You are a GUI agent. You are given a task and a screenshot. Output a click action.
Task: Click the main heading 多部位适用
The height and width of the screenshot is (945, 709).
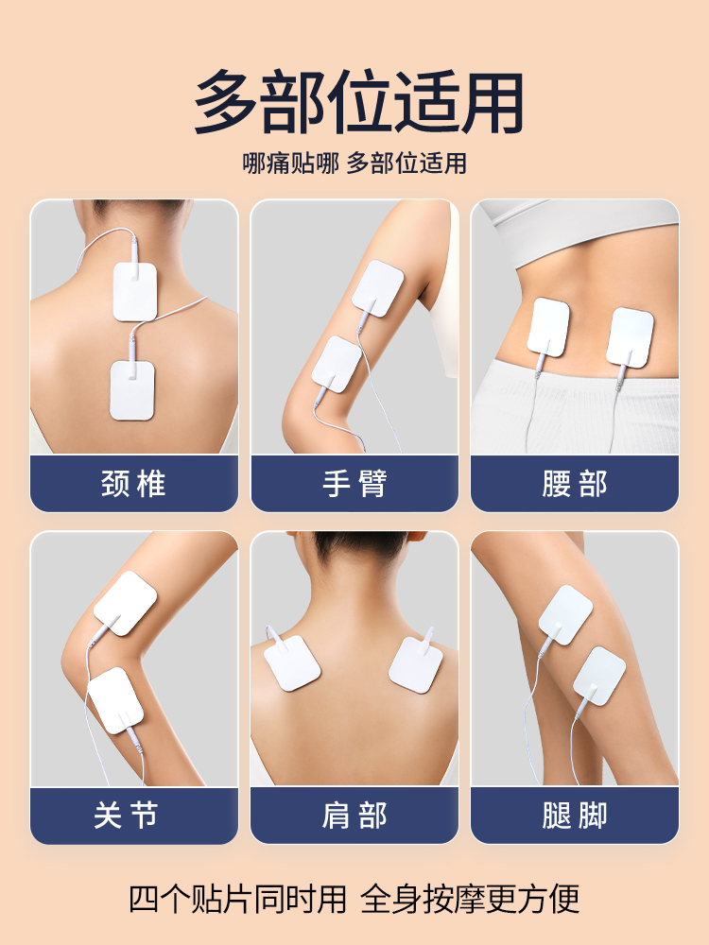[358, 102]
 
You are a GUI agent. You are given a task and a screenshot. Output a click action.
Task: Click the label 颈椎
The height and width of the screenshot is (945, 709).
[133, 484]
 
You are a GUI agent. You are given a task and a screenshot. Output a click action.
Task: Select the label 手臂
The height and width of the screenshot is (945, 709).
[354, 484]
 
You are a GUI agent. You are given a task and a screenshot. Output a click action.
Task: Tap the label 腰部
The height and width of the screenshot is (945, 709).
[575, 484]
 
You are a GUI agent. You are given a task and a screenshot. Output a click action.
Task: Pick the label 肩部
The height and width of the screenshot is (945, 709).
[354, 816]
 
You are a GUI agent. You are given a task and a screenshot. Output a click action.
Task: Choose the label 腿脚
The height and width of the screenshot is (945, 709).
[575, 816]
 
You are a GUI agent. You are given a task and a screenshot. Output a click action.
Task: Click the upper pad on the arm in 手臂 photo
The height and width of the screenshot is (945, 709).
[379, 287]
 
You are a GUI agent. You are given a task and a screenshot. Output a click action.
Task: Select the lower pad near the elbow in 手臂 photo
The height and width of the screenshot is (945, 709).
[337, 365]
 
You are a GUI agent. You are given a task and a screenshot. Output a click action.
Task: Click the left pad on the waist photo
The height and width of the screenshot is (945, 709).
[548, 327]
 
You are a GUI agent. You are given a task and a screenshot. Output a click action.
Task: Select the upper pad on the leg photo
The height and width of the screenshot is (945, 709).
[565, 614]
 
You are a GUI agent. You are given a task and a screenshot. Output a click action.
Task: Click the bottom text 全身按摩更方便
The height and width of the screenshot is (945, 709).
[470, 898]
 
